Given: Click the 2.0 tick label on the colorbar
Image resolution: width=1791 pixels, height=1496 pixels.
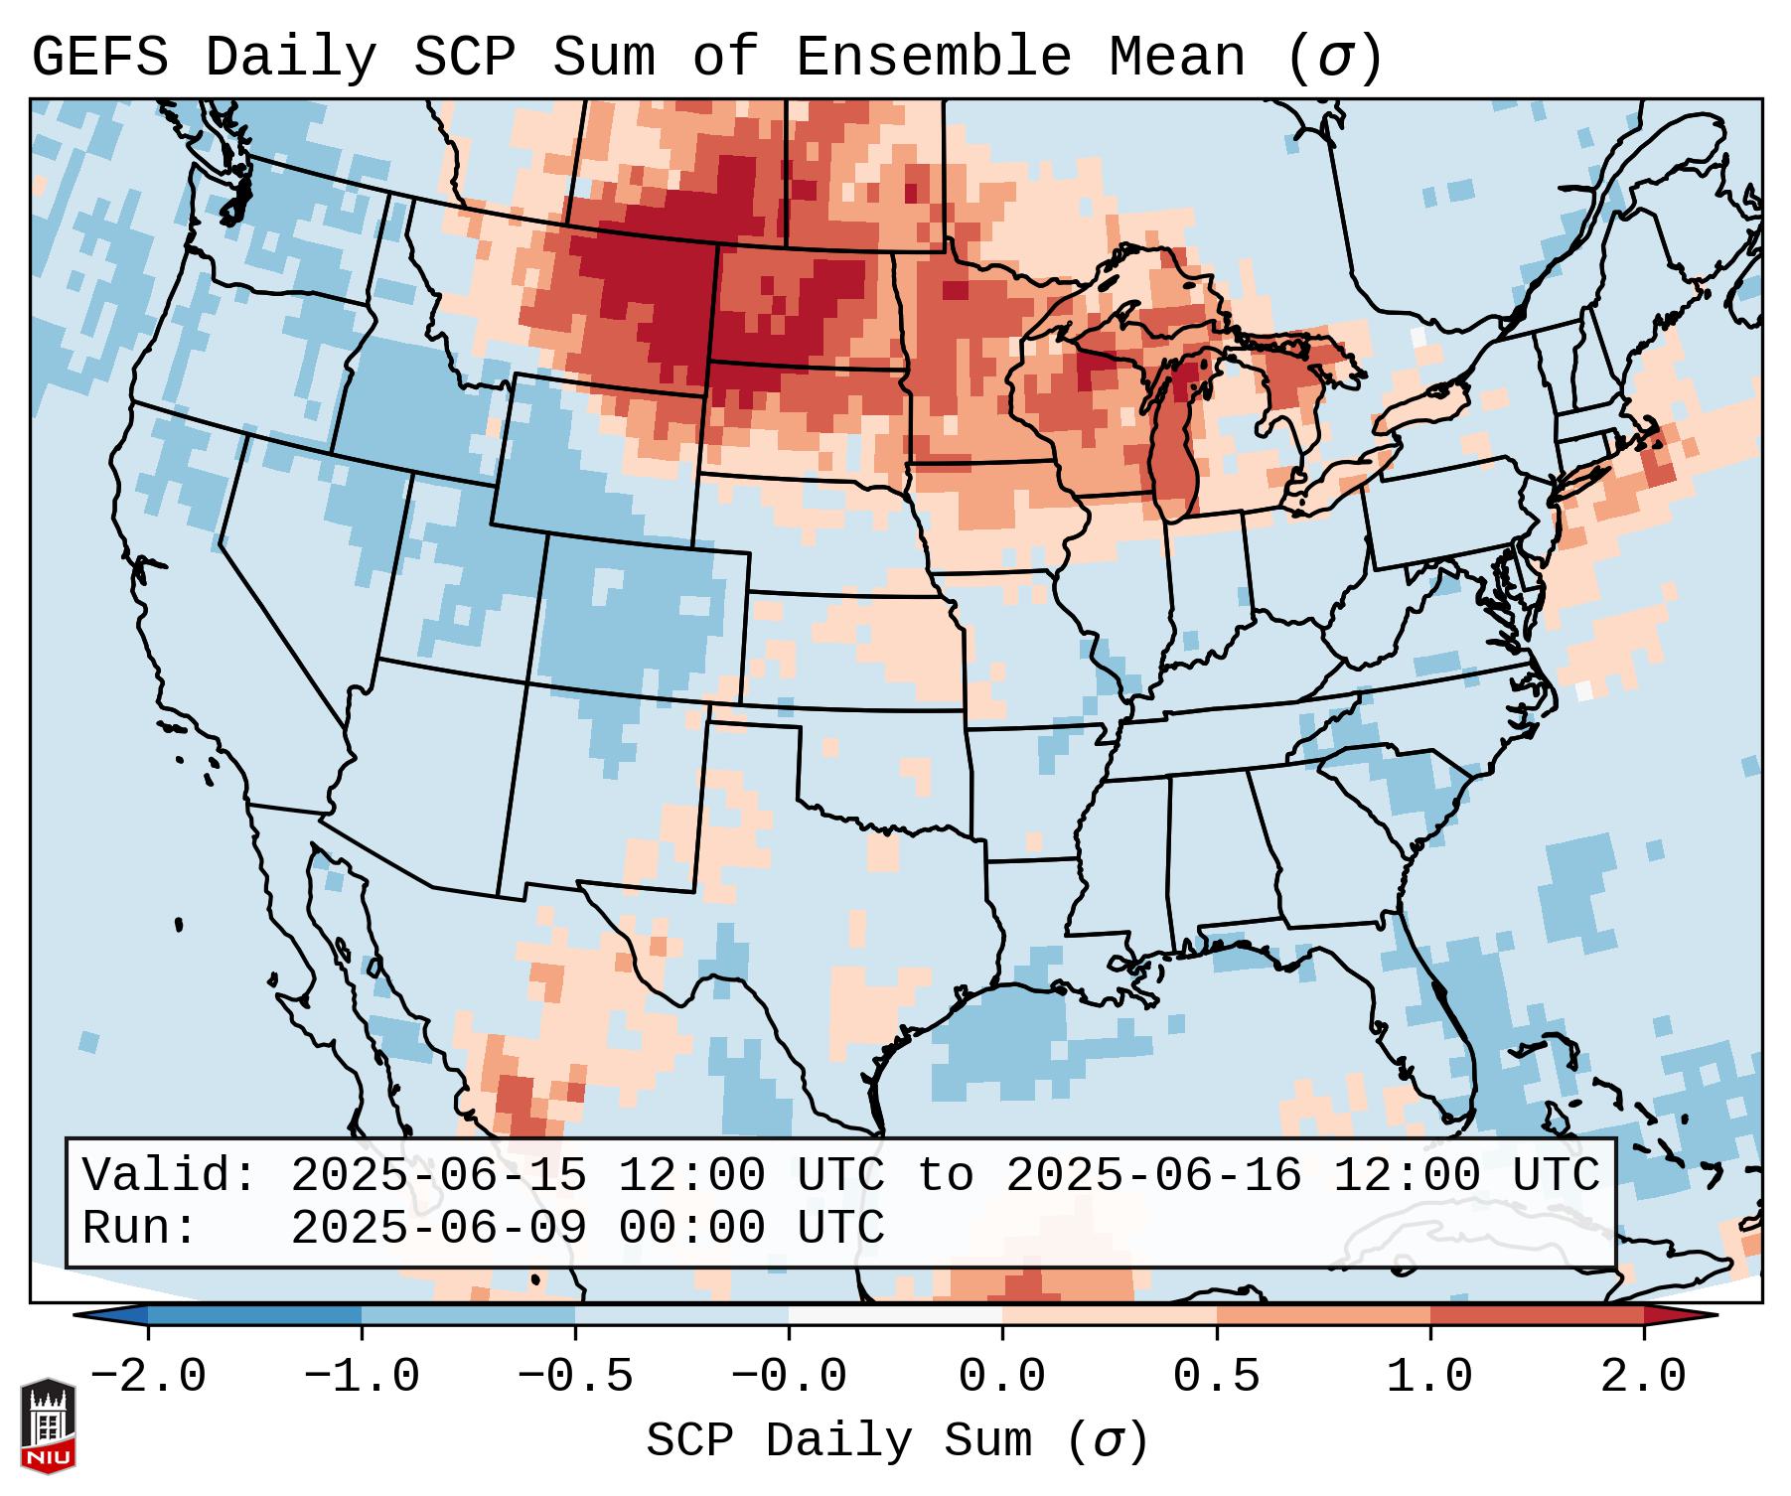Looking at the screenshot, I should point(1643,1376).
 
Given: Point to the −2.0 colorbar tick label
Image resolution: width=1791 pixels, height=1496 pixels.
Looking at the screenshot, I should point(147,1376).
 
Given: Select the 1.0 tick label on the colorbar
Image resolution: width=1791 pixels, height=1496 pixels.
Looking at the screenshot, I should point(1429,1376).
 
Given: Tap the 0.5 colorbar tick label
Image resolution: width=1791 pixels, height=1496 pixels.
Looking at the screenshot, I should point(1216,1376).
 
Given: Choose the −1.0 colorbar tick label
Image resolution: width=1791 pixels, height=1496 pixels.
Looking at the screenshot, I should point(361,1376).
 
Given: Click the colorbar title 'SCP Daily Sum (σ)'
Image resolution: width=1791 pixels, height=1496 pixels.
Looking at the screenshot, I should point(897,1441).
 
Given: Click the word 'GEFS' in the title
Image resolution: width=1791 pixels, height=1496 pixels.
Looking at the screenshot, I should point(100,57).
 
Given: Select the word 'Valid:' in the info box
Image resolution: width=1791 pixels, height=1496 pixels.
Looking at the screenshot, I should point(170,1175).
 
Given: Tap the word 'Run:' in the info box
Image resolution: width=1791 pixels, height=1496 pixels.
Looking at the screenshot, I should point(140,1228).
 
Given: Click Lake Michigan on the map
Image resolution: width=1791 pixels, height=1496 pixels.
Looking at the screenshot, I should point(1176,447).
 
